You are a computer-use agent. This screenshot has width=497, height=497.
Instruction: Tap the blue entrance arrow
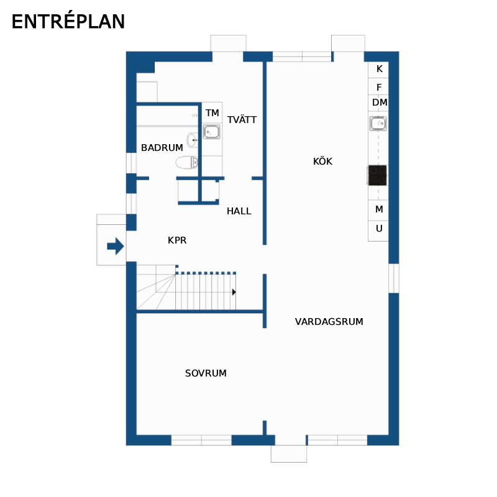[x=116, y=246]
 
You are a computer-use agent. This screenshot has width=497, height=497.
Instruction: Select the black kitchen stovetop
[x=378, y=175]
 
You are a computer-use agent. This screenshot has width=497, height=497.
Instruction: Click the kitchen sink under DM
[x=378, y=123]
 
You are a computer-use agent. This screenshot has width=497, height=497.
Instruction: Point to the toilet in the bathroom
[x=187, y=162]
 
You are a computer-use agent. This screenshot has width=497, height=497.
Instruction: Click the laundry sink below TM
[x=212, y=132]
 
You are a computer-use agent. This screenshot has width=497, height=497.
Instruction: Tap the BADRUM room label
[x=162, y=148]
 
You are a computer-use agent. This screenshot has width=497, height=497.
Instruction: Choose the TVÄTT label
[x=242, y=119]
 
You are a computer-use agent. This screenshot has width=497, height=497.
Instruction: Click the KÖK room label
[x=322, y=161]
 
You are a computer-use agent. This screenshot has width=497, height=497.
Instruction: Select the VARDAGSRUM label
[x=329, y=322]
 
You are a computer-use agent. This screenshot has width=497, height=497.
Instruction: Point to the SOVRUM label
[x=206, y=373]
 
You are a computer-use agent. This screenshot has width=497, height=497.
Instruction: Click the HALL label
[x=239, y=211]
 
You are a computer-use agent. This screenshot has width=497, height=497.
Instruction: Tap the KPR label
[x=177, y=240]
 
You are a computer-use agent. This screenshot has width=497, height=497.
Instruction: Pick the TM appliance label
[x=212, y=113]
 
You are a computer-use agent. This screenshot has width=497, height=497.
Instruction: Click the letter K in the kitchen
[x=380, y=69]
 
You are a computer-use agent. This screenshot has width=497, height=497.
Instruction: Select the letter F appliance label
[x=379, y=87]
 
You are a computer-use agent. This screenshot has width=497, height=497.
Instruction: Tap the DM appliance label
[x=380, y=103]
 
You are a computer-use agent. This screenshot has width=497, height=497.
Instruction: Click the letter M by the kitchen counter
[x=379, y=209]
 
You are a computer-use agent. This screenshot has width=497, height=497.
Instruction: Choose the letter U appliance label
[x=379, y=228]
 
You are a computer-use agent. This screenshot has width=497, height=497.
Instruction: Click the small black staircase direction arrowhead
[x=234, y=292]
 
